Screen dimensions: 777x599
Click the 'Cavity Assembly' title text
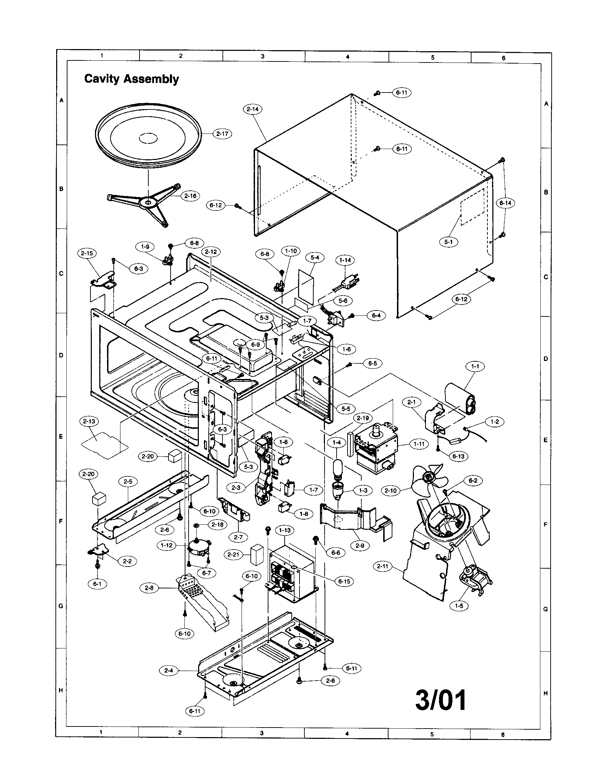pyautogui.click(x=131, y=79)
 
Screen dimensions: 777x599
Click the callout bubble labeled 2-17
pyautogui.click(x=222, y=134)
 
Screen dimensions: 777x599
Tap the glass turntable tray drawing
pyautogui.click(x=148, y=139)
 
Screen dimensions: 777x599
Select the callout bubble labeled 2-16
pyautogui.click(x=190, y=196)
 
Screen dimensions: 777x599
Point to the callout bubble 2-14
pyautogui.click(x=253, y=109)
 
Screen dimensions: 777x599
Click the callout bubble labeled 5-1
pyautogui.click(x=449, y=242)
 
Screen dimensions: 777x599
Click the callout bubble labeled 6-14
pyautogui.click(x=505, y=203)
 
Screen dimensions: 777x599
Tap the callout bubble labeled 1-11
pyautogui.click(x=419, y=444)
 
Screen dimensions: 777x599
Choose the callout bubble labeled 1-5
pyautogui.click(x=459, y=605)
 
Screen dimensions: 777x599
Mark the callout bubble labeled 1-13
pyautogui.click(x=285, y=540)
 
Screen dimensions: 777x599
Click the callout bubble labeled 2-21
pyautogui.click(x=233, y=554)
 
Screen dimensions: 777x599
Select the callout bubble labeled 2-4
pyautogui.click(x=168, y=670)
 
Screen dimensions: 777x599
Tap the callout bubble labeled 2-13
pyautogui.click(x=89, y=421)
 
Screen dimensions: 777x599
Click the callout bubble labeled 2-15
pyautogui.click(x=87, y=253)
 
